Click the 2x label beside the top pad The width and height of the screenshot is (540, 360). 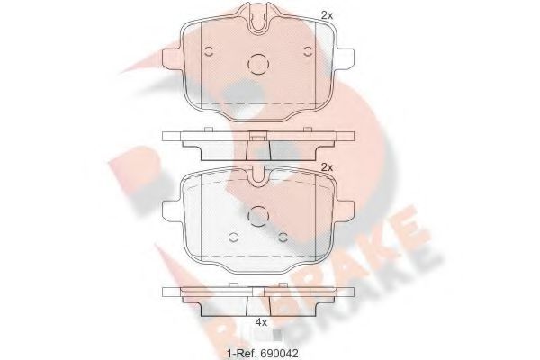pos(327,14)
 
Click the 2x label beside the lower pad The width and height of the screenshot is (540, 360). pos(327,167)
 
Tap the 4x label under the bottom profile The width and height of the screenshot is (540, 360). pos(261,321)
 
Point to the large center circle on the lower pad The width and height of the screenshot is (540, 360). pos(258,216)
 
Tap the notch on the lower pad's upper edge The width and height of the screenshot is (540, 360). pos(259,178)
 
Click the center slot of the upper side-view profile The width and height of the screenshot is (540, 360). pos(258,138)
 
